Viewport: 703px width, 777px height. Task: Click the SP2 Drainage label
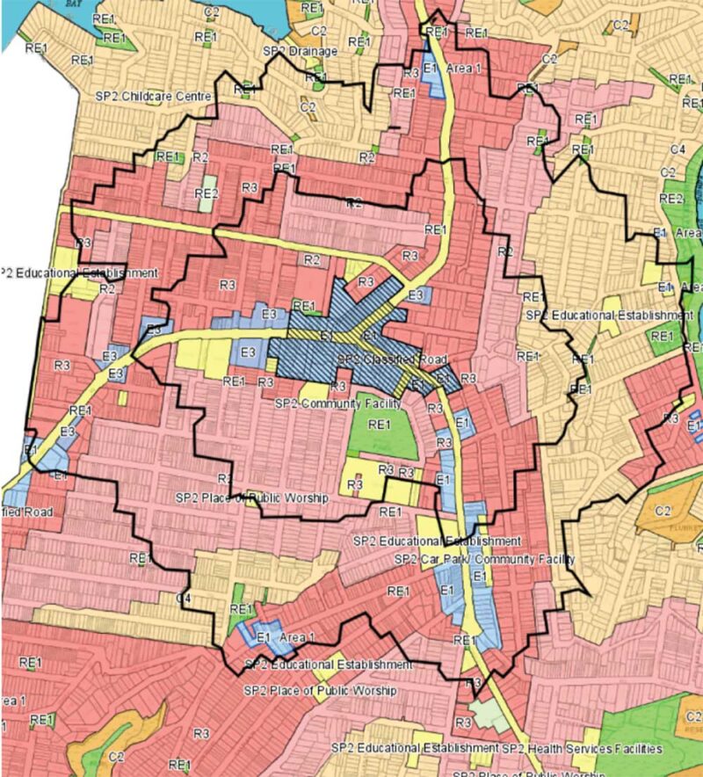point(301,52)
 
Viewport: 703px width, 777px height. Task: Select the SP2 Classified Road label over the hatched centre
point(393,360)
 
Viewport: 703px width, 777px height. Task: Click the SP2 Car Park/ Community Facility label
point(483,559)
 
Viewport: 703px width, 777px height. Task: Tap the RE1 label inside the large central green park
point(380,425)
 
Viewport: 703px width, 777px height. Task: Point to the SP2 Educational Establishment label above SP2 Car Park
point(436,541)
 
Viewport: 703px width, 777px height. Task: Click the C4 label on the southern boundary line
point(184,599)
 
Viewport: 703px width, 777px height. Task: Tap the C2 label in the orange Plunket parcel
point(663,509)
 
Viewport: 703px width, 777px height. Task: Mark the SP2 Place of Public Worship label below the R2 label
point(251,497)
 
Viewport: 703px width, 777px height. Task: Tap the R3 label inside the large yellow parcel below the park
point(355,484)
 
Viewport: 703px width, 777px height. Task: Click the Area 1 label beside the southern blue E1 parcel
point(297,635)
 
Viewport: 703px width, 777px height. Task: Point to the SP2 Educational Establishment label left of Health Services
point(415,749)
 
